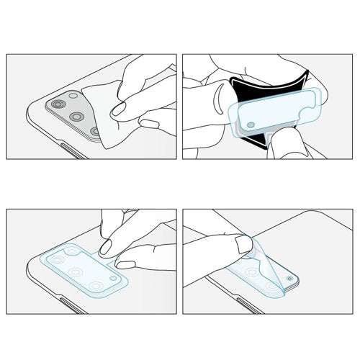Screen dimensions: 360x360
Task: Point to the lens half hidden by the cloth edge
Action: [x=95, y=130]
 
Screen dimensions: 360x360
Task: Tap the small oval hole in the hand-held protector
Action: [x=249, y=125]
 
